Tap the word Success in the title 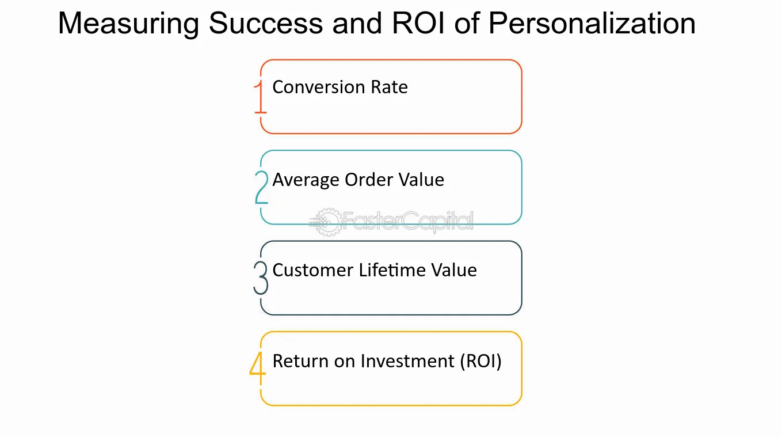(266, 24)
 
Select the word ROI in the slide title (418, 24)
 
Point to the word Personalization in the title (592, 24)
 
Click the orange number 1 (261, 97)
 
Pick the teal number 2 (262, 187)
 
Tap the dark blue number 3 (261, 278)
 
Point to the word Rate (389, 87)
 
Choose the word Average (306, 180)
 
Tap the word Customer (313, 271)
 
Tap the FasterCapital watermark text (408, 222)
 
